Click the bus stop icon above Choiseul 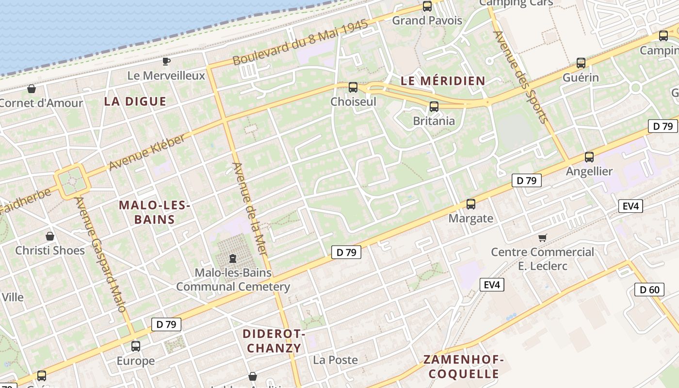tap(353, 87)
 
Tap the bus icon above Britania tap(434, 107)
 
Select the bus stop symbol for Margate tap(470, 204)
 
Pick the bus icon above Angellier tap(589, 157)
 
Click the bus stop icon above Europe tap(136, 346)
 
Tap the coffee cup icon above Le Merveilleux tap(166, 61)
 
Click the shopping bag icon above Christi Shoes tap(50, 236)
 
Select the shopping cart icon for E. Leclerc tap(543, 238)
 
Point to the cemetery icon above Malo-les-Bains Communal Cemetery tap(233, 258)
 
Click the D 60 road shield tap(649, 290)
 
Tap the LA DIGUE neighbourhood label tap(135, 101)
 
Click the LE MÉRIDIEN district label tap(443, 81)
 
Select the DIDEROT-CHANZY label tap(274, 341)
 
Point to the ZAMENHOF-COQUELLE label tap(464, 367)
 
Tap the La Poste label tap(336, 360)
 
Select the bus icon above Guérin tap(581, 63)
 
